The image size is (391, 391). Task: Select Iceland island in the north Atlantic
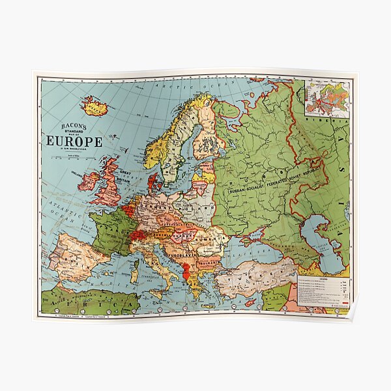[95, 105]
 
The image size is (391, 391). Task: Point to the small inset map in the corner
[328, 98]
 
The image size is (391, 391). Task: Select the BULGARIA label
[212, 264]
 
